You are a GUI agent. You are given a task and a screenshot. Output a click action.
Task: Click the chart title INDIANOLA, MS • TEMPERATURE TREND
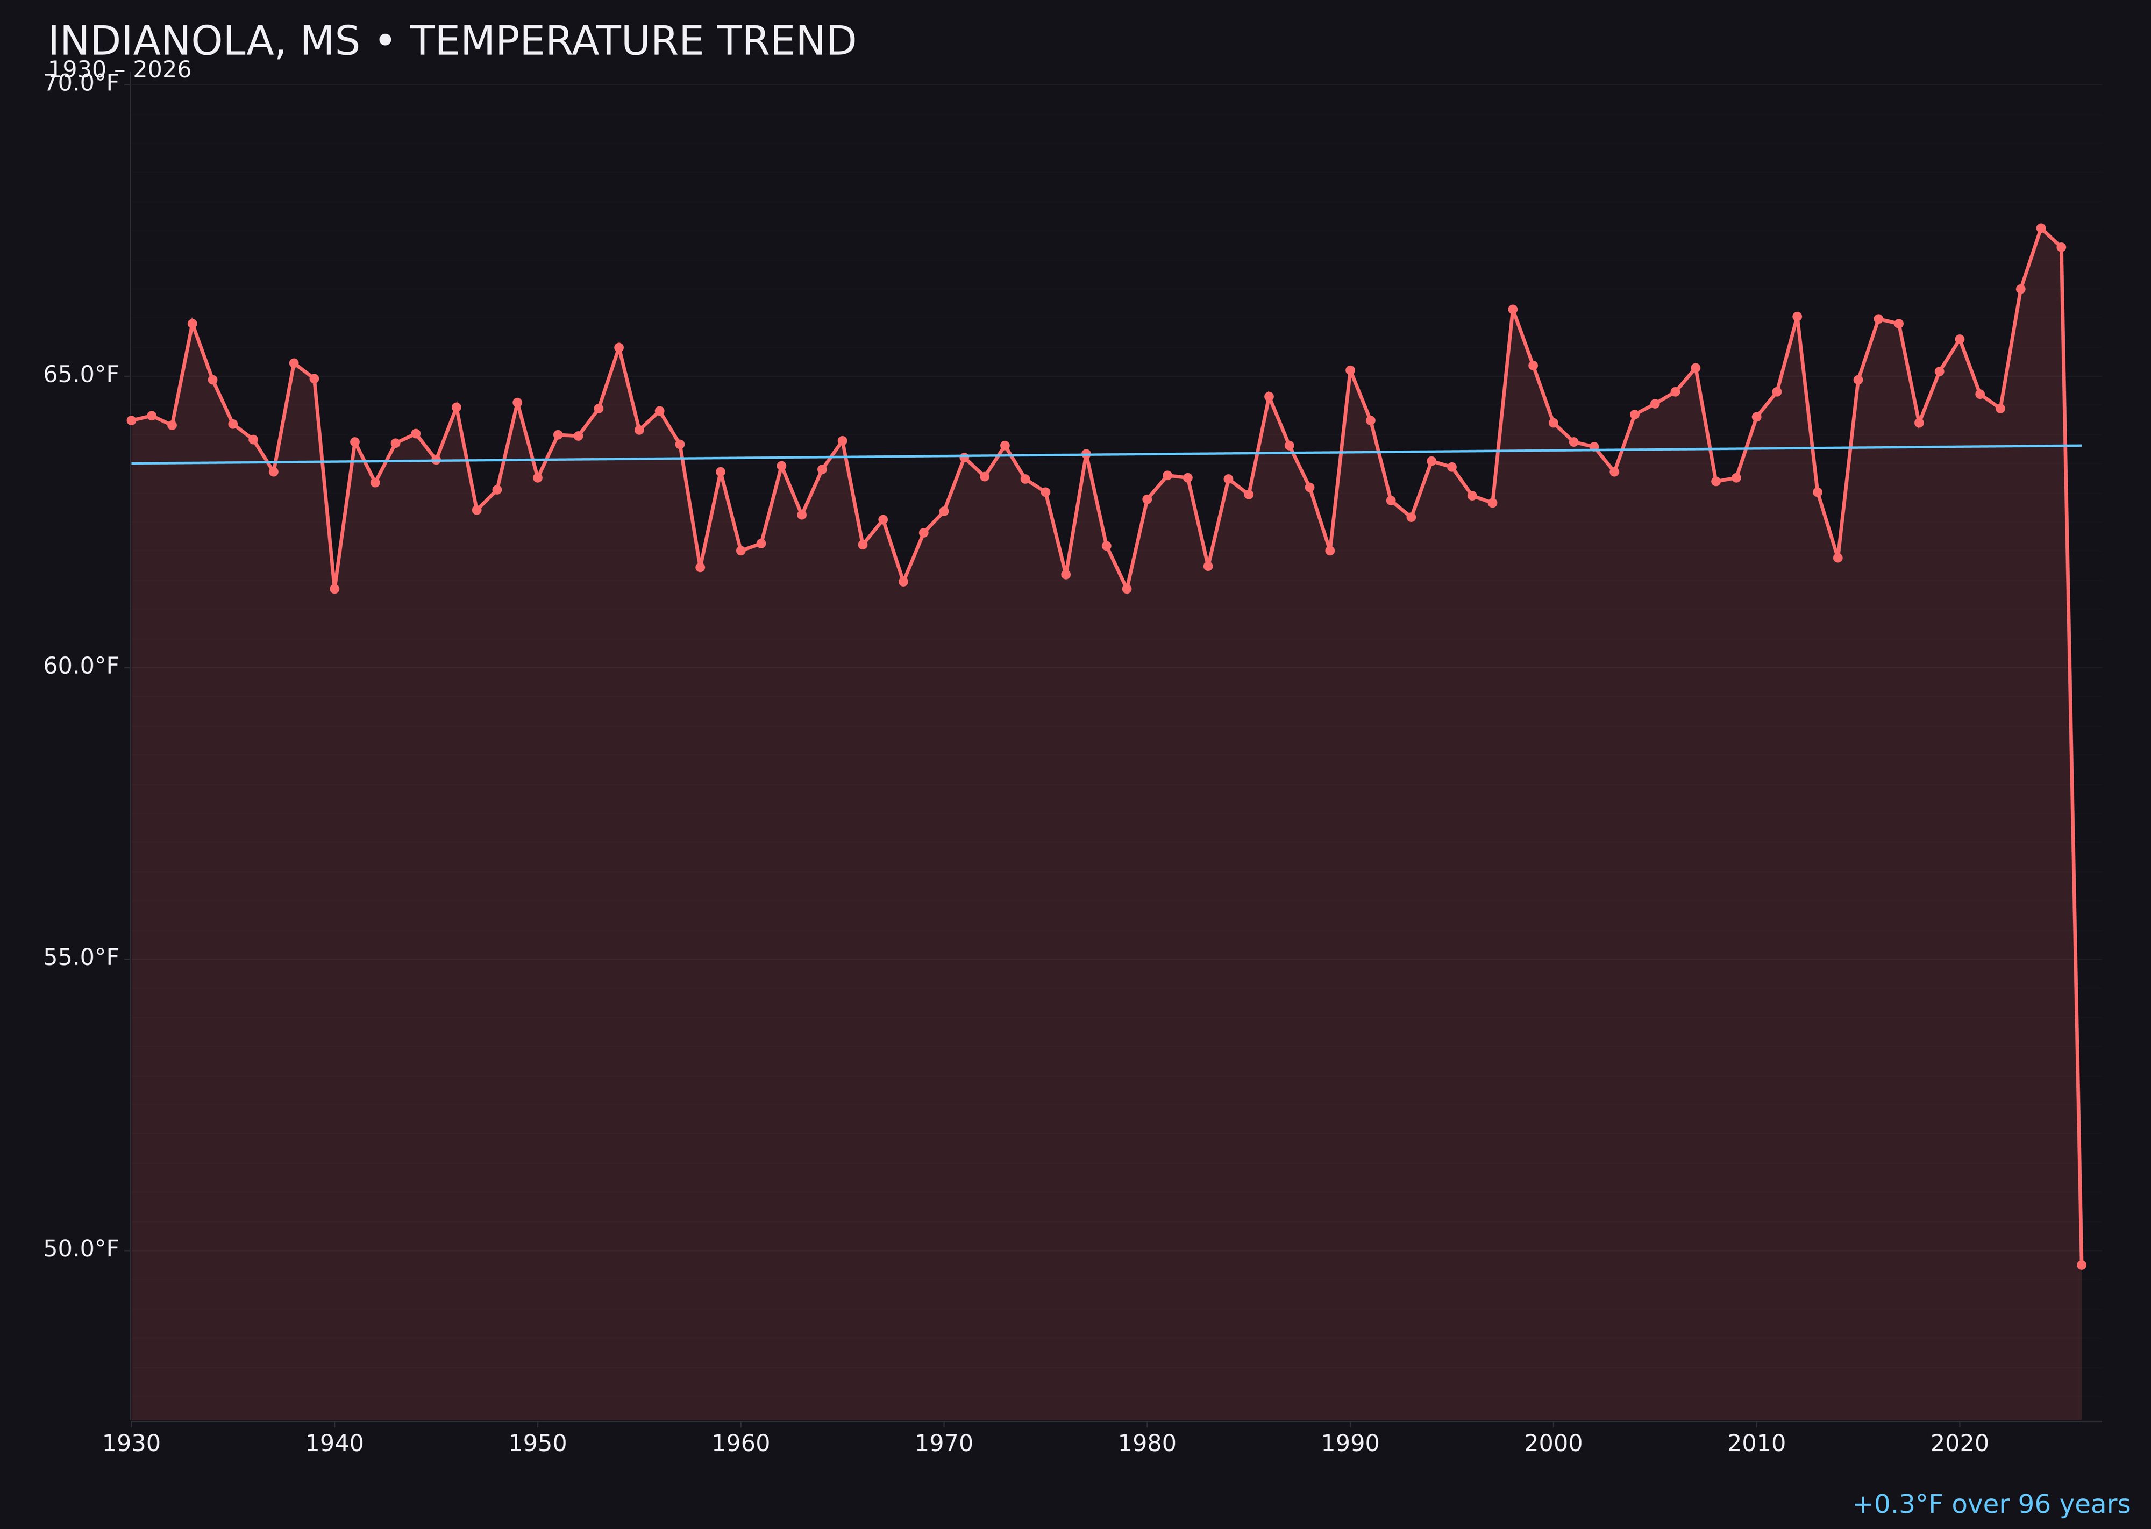point(452,41)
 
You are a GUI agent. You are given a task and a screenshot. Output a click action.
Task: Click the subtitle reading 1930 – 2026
point(119,70)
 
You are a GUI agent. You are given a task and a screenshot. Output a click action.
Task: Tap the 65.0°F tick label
point(81,375)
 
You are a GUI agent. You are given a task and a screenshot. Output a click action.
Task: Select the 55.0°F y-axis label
point(81,958)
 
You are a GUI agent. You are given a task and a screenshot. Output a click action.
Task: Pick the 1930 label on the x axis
point(132,1444)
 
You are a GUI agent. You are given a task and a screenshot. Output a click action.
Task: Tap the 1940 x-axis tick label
point(334,1444)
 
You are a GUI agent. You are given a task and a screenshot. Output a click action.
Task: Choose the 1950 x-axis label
point(538,1444)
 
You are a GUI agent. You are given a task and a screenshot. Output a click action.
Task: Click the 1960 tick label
point(741,1444)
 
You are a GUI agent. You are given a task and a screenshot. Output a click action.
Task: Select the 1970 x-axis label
point(944,1444)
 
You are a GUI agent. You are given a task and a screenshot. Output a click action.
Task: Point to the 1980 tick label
point(1147,1444)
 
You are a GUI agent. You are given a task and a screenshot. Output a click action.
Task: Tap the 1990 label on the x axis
point(1350,1444)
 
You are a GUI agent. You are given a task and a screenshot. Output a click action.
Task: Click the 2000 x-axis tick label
point(1553,1444)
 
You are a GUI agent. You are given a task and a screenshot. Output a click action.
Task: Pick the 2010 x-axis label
point(1756,1444)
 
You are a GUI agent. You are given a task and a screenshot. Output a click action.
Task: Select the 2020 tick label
point(1960,1444)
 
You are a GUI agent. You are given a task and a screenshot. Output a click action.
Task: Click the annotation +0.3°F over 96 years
point(1991,1504)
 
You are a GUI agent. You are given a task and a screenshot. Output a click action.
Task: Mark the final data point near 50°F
point(2081,1264)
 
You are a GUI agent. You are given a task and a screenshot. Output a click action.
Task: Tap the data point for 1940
point(334,589)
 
